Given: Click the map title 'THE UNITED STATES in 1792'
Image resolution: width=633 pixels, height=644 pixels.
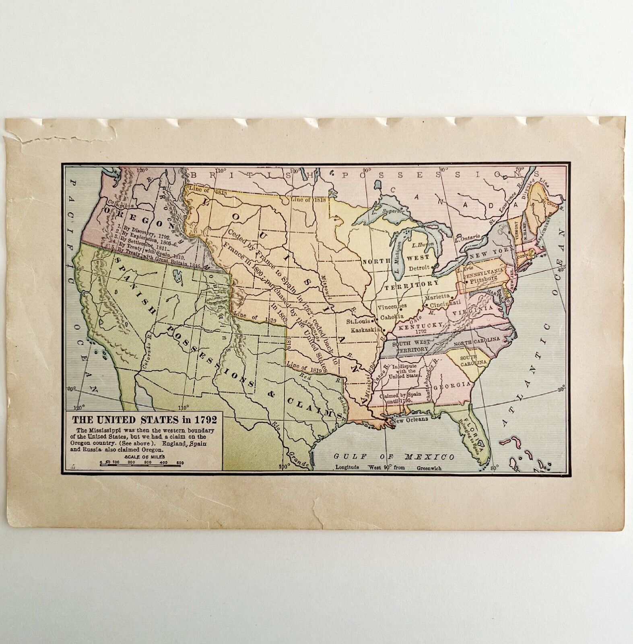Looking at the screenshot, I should [x=144, y=419].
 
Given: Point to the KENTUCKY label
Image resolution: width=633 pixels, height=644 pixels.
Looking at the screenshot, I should [x=417, y=327].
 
